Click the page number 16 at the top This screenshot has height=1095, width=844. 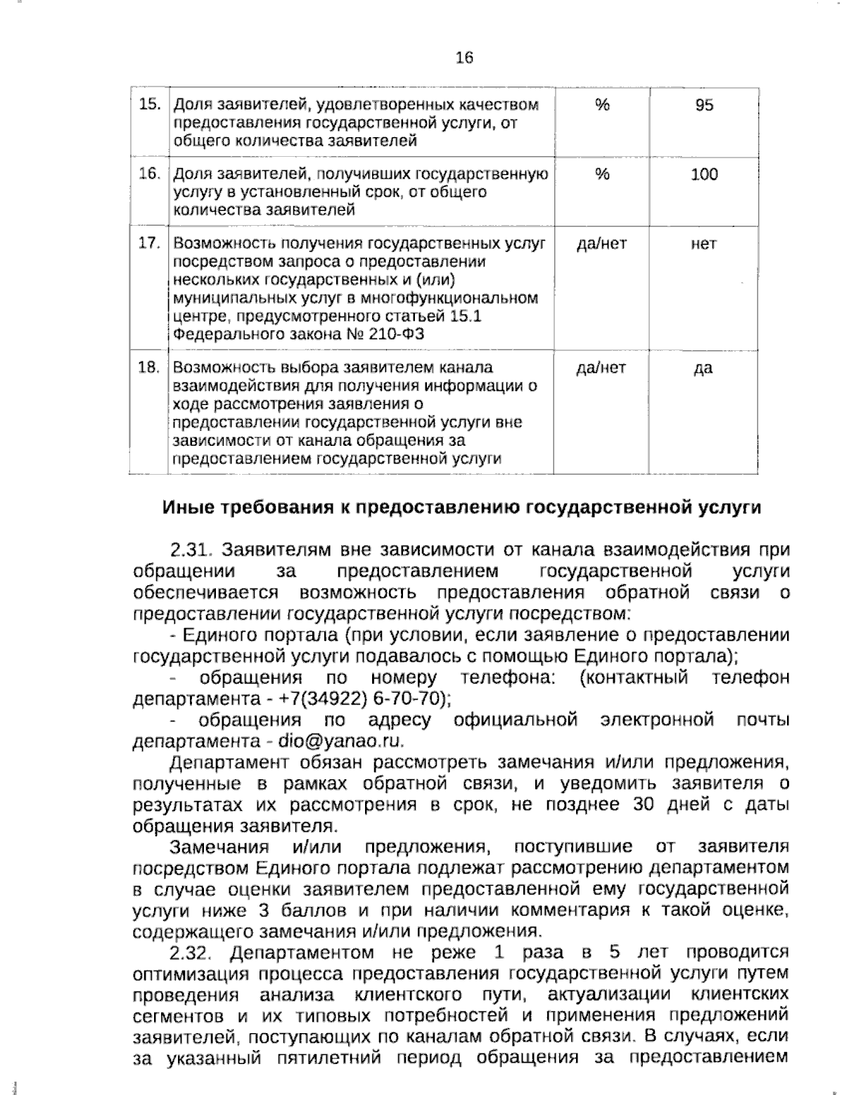(x=464, y=58)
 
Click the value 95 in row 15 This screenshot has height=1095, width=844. (x=703, y=105)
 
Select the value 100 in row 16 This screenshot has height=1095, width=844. (x=703, y=174)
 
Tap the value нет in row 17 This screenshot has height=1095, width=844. (x=703, y=244)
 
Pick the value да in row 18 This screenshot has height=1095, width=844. (x=703, y=368)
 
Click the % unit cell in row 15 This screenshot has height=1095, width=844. (x=601, y=105)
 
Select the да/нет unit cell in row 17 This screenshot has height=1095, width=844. (x=601, y=244)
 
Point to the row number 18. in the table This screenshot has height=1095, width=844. (x=148, y=368)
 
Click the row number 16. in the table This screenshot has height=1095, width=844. (x=148, y=174)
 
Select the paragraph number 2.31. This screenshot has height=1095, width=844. (x=191, y=549)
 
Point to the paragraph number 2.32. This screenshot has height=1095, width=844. (x=191, y=953)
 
